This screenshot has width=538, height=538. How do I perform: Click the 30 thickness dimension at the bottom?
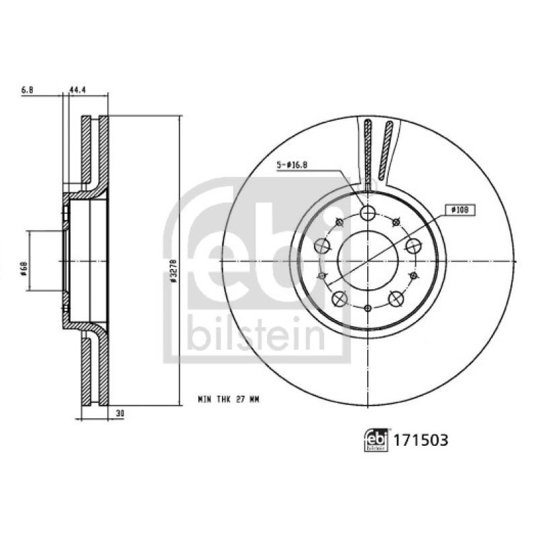120,414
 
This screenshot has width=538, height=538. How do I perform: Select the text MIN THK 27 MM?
228,399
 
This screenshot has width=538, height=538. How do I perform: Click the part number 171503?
420,440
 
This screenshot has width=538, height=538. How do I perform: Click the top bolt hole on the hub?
367,213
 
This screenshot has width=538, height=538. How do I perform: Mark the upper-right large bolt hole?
412,245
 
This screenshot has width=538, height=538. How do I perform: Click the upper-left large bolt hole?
323,245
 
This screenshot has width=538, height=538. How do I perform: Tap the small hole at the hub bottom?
367,309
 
